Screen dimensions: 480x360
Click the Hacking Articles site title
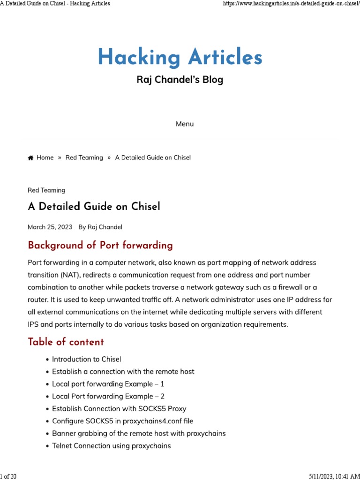180,58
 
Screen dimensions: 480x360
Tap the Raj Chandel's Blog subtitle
180,80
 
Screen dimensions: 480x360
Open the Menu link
185,124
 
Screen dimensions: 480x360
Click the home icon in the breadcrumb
30,158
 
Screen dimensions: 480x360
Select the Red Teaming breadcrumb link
84,157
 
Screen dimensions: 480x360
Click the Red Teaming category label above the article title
46,190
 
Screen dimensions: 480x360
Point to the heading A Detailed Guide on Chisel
94,207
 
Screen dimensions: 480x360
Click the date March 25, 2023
50,227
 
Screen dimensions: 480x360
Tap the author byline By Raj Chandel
100,227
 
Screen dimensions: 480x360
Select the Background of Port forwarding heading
100,245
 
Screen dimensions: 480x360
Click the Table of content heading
66,342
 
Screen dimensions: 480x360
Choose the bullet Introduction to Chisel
87,359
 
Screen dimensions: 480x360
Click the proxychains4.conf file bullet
123,421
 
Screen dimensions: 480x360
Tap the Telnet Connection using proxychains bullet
112,446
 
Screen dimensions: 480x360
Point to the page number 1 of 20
8,476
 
